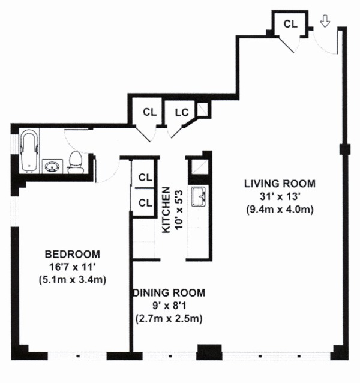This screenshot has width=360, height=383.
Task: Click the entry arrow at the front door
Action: tap(325, 22)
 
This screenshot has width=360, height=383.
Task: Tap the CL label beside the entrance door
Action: tap(290, 24)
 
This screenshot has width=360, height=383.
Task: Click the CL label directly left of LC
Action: tap(149, 112)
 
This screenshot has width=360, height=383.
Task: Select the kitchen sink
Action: tap(199, 196)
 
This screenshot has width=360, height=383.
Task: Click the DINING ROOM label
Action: tap(169, 293)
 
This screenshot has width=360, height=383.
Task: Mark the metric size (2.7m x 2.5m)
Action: tap(169, 318)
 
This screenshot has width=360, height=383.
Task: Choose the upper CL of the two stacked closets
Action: tap(145, 177)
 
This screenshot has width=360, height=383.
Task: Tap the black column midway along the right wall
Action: tap(343, 149)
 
